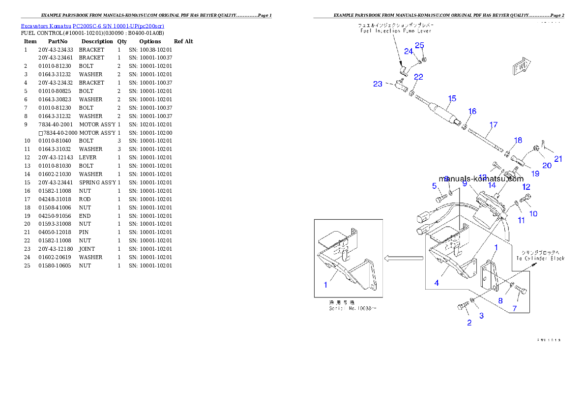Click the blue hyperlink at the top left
click(92, 26)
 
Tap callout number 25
click(419, 45)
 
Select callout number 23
click(378, 84)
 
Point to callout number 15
click(452, 99)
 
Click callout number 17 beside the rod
click(494, 125)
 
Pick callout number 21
click(558, 159)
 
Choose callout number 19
click(535, 174)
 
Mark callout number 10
click(533, 213)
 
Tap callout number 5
click(435, 185)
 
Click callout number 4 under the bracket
click(437, 283)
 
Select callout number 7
click(515, 308)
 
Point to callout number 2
click(469, 323)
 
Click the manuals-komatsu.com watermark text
click(481, 179)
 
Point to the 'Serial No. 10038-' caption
click(352, 308)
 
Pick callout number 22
click(418, 77)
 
